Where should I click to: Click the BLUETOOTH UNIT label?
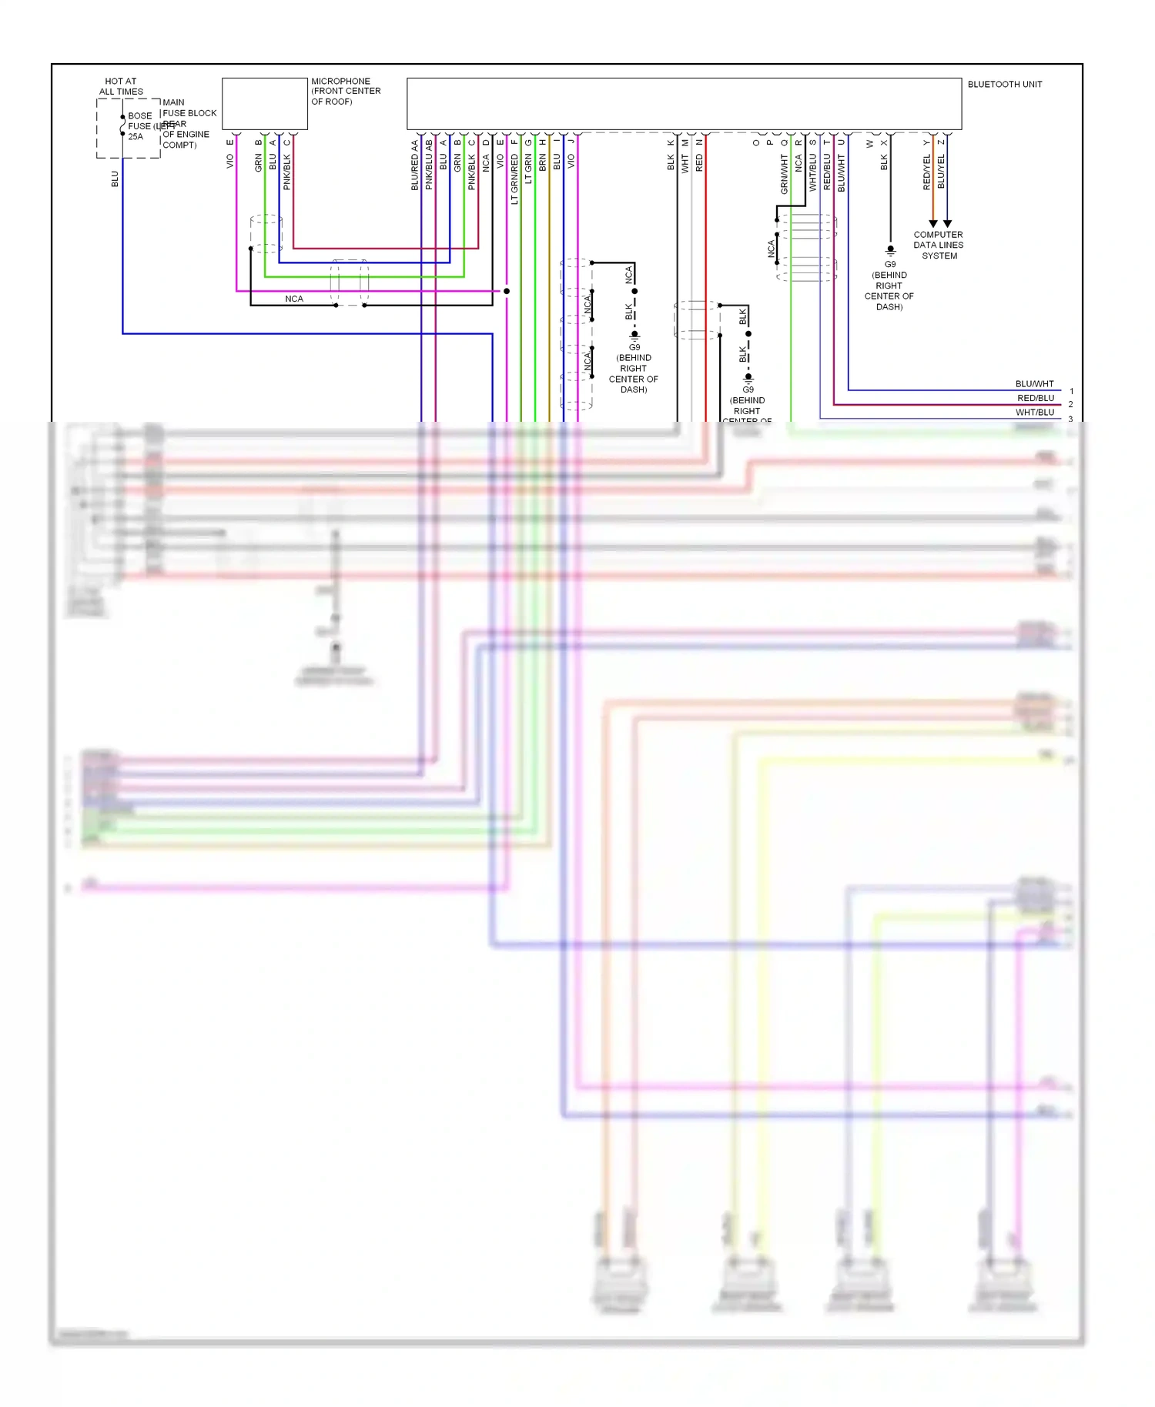[x=1004, y=85]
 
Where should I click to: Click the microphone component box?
[x=265, y=103]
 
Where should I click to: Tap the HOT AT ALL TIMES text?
[x=121, y=86]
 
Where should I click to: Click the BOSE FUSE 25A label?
[x=139, y=126]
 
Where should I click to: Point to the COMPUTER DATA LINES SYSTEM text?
[x=938, y=246]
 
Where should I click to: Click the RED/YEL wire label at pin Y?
[x=926, y=172]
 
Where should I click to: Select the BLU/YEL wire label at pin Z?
[x=941, y=172]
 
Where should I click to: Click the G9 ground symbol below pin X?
[x=890, y=250]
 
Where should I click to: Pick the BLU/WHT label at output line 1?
[x=1034, y=384]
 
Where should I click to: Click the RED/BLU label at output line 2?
[x=1036, y=399]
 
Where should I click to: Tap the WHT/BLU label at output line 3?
[x=1034, y=413]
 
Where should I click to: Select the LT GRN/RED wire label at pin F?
[x=514, y=179]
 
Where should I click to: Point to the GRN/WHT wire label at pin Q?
[x=785, y=174]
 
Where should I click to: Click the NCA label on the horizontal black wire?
[x=294, y=299]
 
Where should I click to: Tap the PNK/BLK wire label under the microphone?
[x=287, y=172]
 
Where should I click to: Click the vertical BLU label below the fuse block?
[x=115, y=179]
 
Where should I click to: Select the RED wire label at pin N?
[x=699, y=162]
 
